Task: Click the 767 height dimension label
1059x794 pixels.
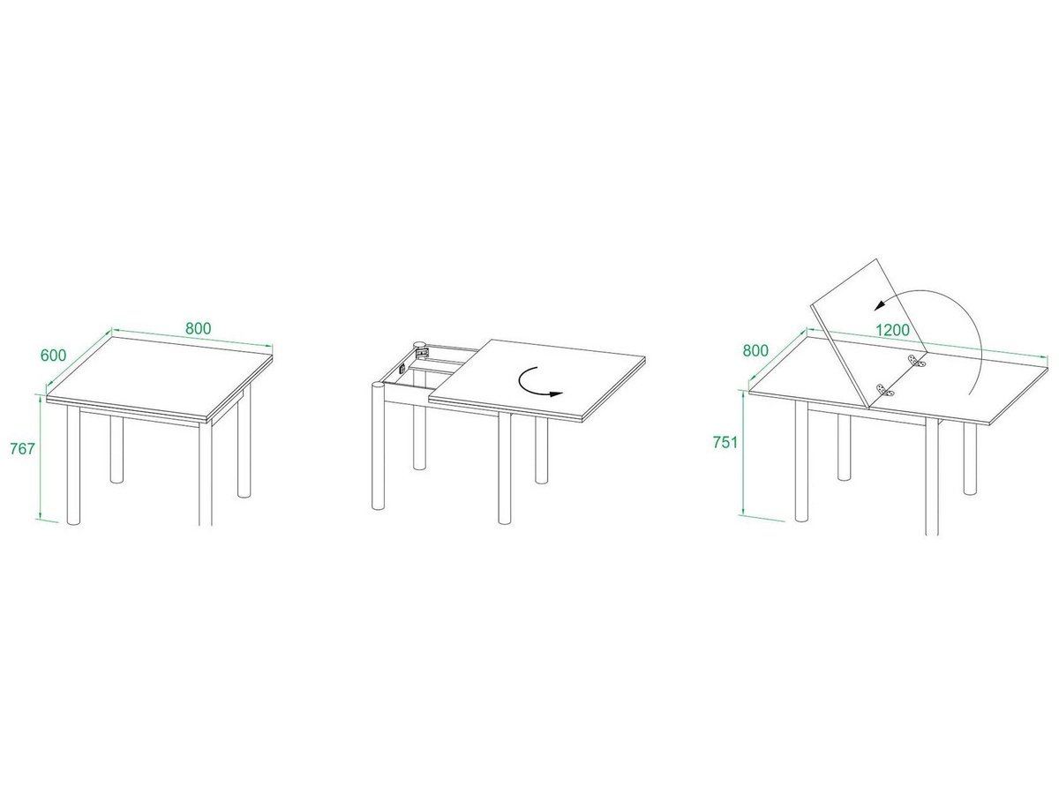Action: (x=22, y=449)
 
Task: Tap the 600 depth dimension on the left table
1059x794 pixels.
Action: (x=53, y=356)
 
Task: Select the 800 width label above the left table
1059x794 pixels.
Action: (x=199, y=328)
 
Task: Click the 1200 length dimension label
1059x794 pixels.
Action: (x=892, y=330)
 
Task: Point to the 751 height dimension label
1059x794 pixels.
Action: (x=725, y=442)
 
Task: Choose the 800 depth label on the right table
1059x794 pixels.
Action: (x=755, y=350)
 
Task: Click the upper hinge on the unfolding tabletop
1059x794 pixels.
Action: (x=917, y=361)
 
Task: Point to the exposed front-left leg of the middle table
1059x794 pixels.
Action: (x=378, y=446)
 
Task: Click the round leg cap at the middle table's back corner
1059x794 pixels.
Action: (x=420, y=345)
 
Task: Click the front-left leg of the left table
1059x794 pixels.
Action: (x=74, y=465)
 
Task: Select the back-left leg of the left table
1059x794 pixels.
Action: (x=116, y=449)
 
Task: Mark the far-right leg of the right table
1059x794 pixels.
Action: (x=970, y=458)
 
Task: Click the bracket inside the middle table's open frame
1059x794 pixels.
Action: (x=423, y=354)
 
